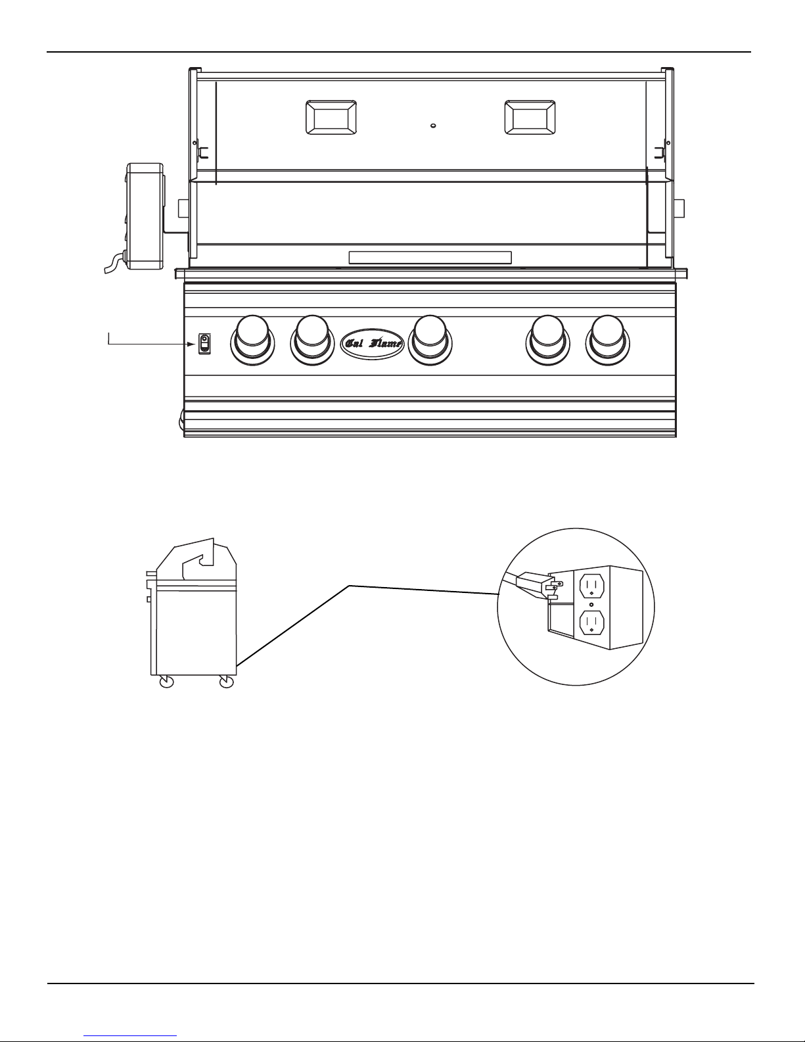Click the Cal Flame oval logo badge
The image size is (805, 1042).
pyautogui.click(x=373, y=343)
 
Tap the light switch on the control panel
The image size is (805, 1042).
pyautogui.click(x=204, y=344)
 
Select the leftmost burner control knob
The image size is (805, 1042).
pyautogui.click(x=252, y=340)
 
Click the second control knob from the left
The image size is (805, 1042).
pyautogui.click(x=312, y=340)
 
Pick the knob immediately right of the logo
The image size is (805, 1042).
pyautogui.click(x=430, y=340)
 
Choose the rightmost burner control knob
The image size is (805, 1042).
pyautogui.click(x=608, y=340)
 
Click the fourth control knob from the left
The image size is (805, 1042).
pyautogui.click(x=547, y=340)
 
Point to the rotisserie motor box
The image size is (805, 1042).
pyautogui.click(x=145, y=216)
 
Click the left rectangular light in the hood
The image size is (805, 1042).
pyautogui.click(x=331, y=117)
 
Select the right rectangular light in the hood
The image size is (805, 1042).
pyautogui.click(x=530, y=117)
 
